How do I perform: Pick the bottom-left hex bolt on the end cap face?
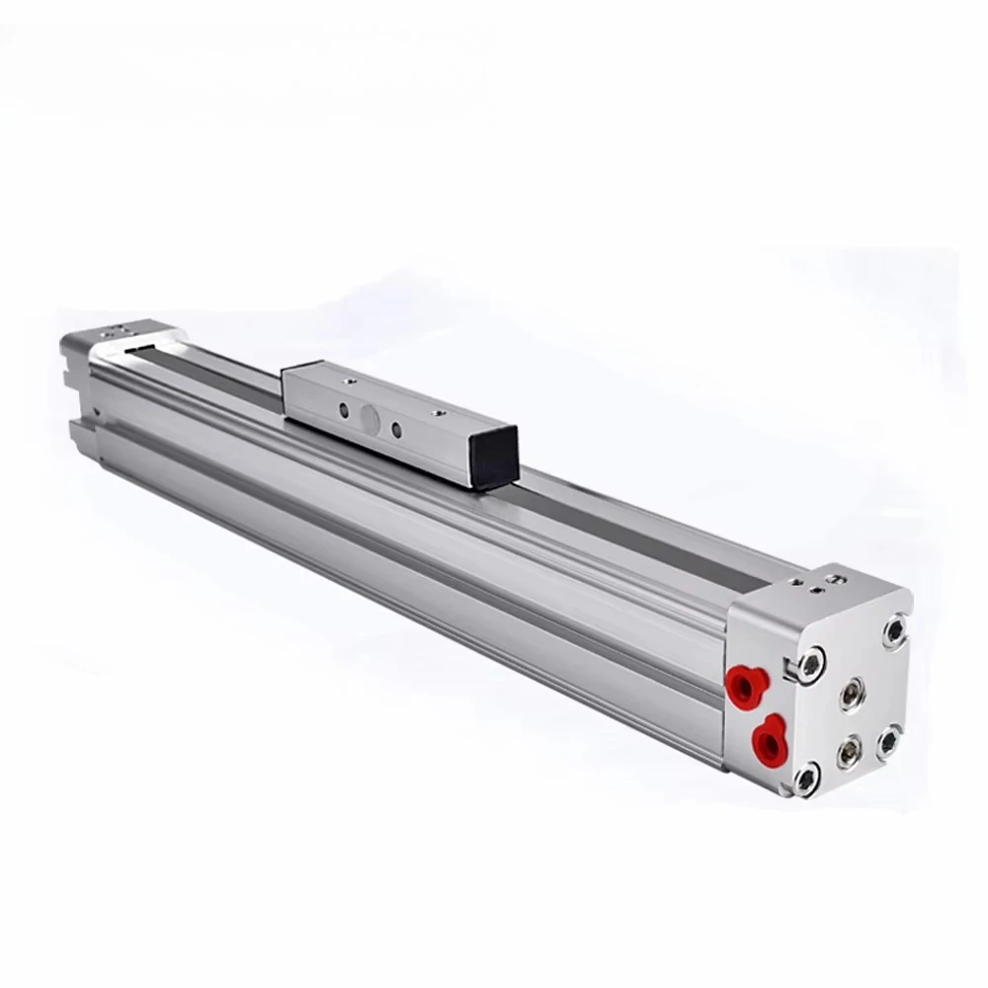click(x=807, y=779)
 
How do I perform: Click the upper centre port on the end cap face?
click(x=850, y=695)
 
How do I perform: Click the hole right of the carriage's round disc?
click(x=396, y=430)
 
